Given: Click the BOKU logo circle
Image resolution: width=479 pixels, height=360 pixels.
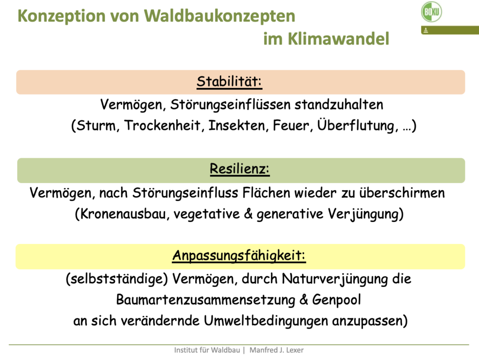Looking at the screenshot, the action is [431, 12].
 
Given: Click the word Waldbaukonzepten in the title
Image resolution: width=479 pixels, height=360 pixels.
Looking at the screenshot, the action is [219, 16].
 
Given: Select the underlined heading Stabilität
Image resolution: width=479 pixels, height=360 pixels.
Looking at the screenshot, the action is [229, 81].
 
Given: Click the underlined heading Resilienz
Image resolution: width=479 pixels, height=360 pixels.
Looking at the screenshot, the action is [239, 169].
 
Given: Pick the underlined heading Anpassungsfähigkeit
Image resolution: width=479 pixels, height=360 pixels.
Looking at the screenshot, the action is [239, 256].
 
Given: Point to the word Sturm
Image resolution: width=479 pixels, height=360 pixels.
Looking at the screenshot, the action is [96, 125].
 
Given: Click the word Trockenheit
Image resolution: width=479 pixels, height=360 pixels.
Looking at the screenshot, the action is [162, 125].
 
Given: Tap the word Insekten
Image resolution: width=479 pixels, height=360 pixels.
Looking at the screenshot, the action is [236, 125].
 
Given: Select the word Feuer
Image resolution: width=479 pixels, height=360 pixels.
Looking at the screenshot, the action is [291, 125].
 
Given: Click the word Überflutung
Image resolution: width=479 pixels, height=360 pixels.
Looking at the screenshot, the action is [356, 125].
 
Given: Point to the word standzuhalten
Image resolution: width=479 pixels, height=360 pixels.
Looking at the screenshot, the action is [339, 104].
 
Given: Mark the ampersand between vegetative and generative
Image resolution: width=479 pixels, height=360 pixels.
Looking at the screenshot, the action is [248, 213].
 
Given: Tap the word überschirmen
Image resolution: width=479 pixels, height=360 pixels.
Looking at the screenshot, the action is [402, 193].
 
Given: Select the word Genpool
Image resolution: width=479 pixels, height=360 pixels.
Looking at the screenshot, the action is [336, 300].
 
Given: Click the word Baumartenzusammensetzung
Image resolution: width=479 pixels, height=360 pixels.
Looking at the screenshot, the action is [205, 300].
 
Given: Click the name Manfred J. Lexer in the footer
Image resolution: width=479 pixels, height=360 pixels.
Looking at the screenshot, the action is [276, 350].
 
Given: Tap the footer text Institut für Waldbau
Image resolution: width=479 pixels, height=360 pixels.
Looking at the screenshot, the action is [207, 350].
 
